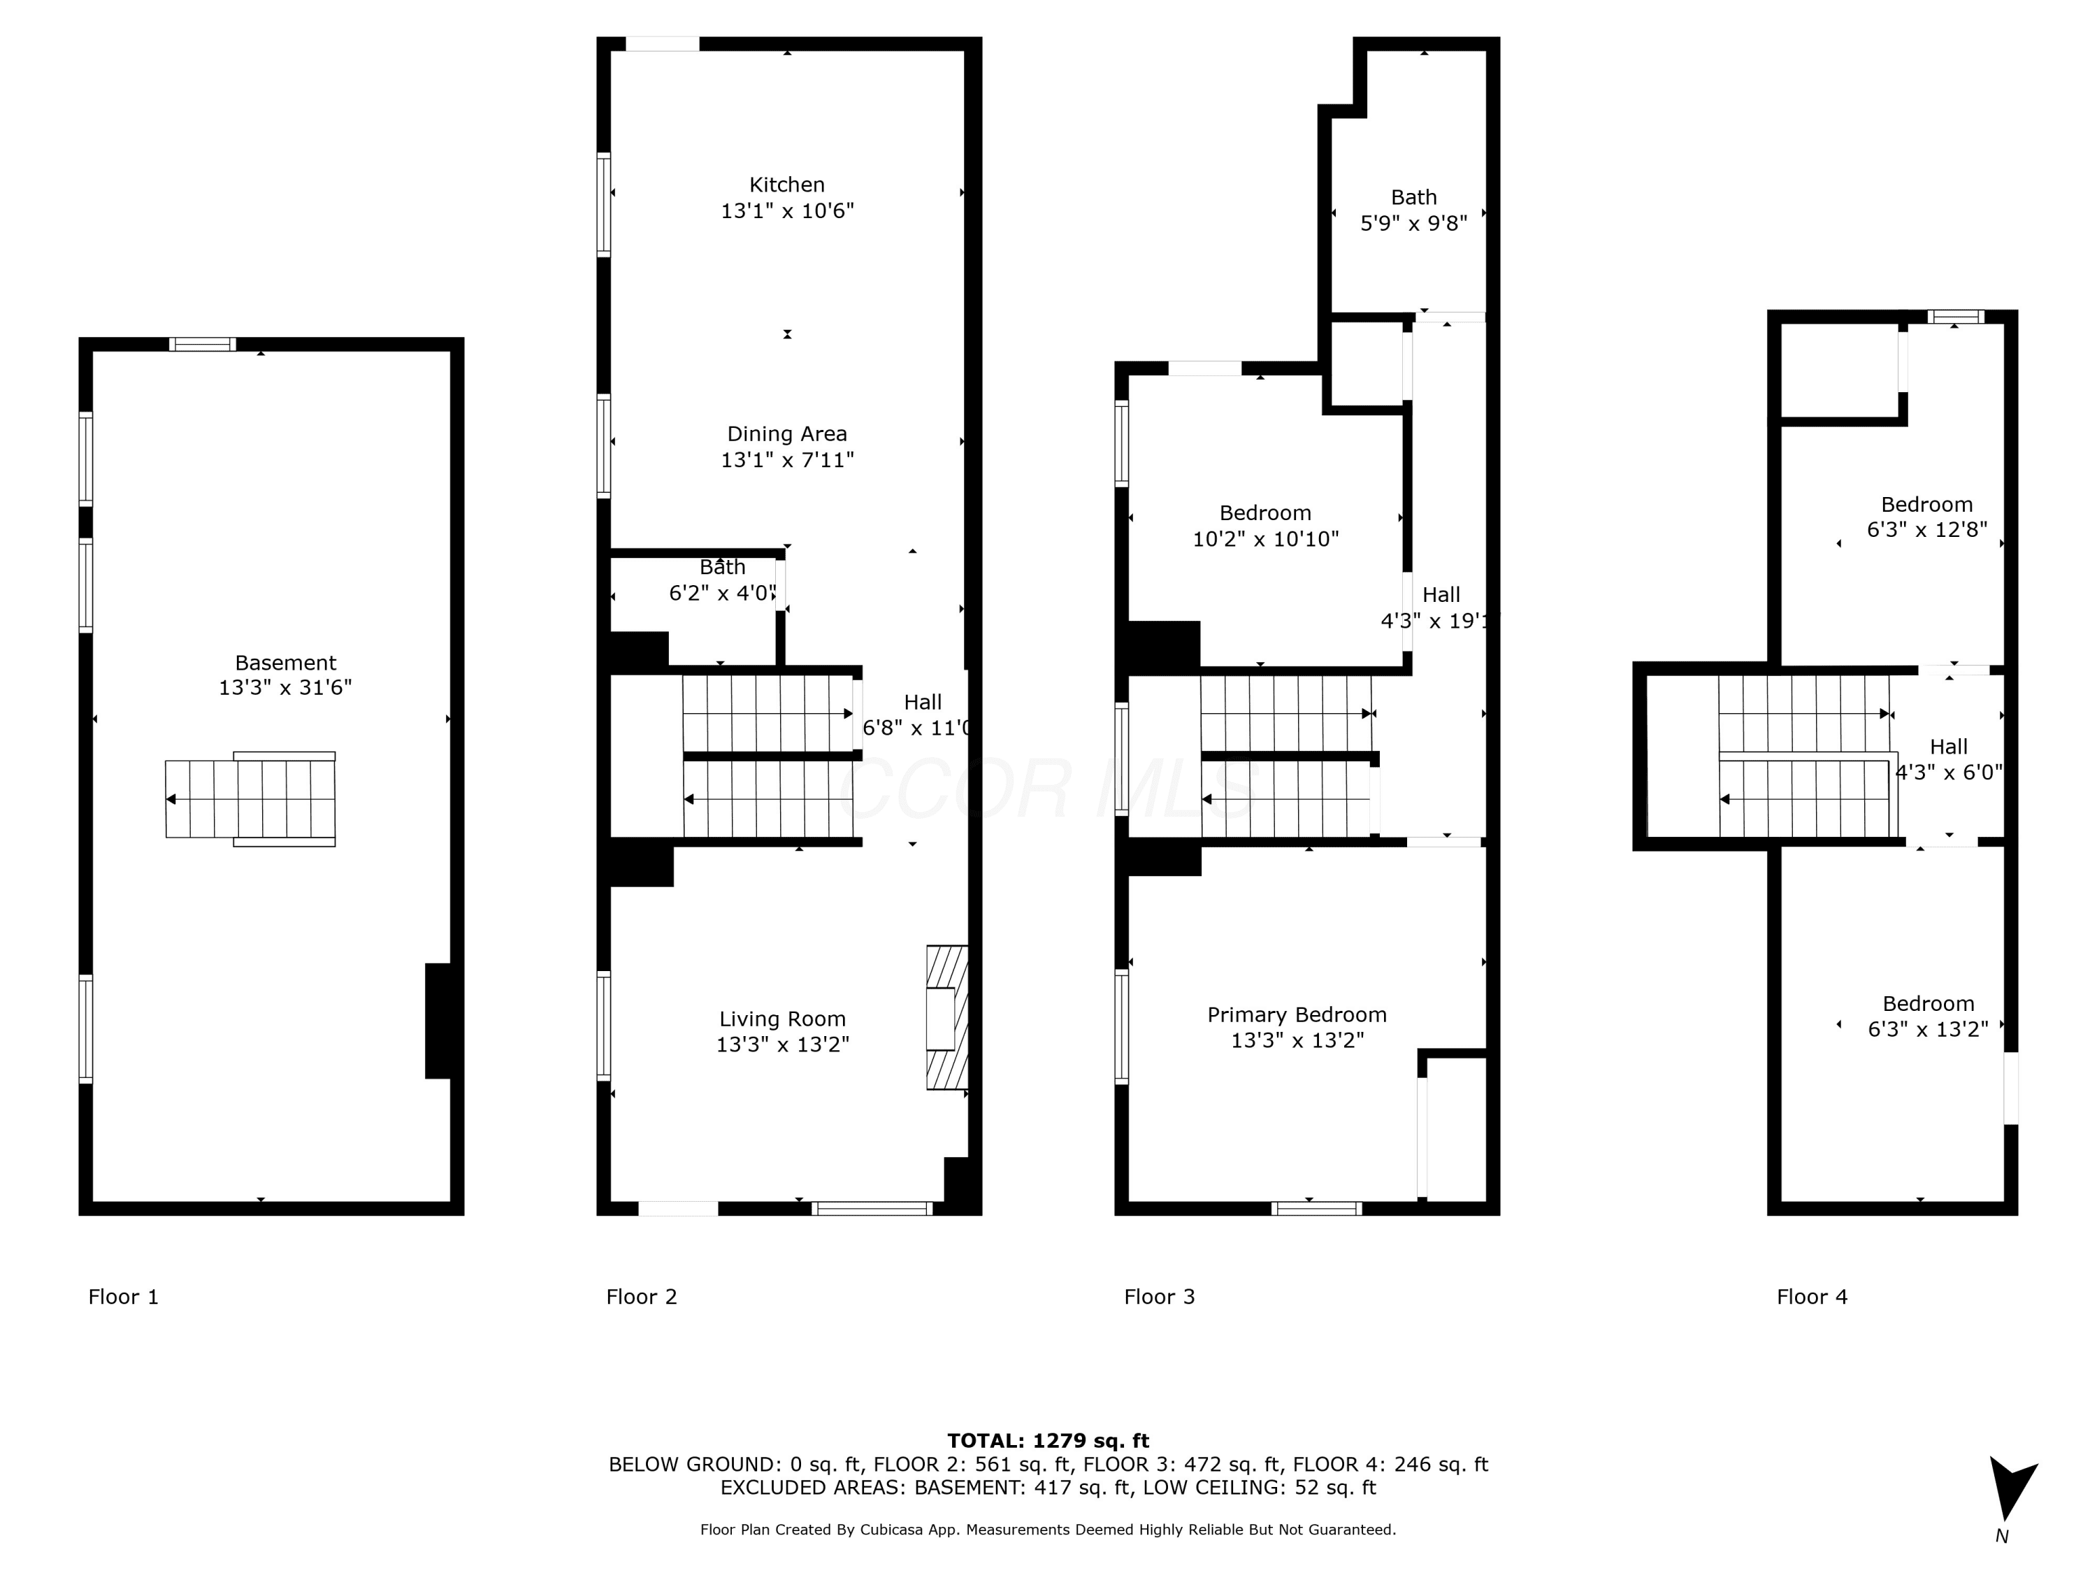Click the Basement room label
(285, 663)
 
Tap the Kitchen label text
(787, 185)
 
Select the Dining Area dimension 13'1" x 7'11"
(787, 460)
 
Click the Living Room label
(782, 1019)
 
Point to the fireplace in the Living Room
(947, 1017)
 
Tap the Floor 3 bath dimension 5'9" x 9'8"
(1413, 224)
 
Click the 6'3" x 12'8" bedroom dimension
(1927, 530)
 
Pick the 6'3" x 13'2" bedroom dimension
(1929, 1030)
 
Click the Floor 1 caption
(123, 1297)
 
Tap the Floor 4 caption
(1812, 1297)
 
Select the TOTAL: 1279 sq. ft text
(1048, 1441)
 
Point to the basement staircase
(250, 799)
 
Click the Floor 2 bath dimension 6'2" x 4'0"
(722, 594)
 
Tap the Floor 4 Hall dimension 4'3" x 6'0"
(1948, 773)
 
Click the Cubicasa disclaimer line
(1048, 1530)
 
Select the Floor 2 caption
(642, 1297)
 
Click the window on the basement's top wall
(203, 344)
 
